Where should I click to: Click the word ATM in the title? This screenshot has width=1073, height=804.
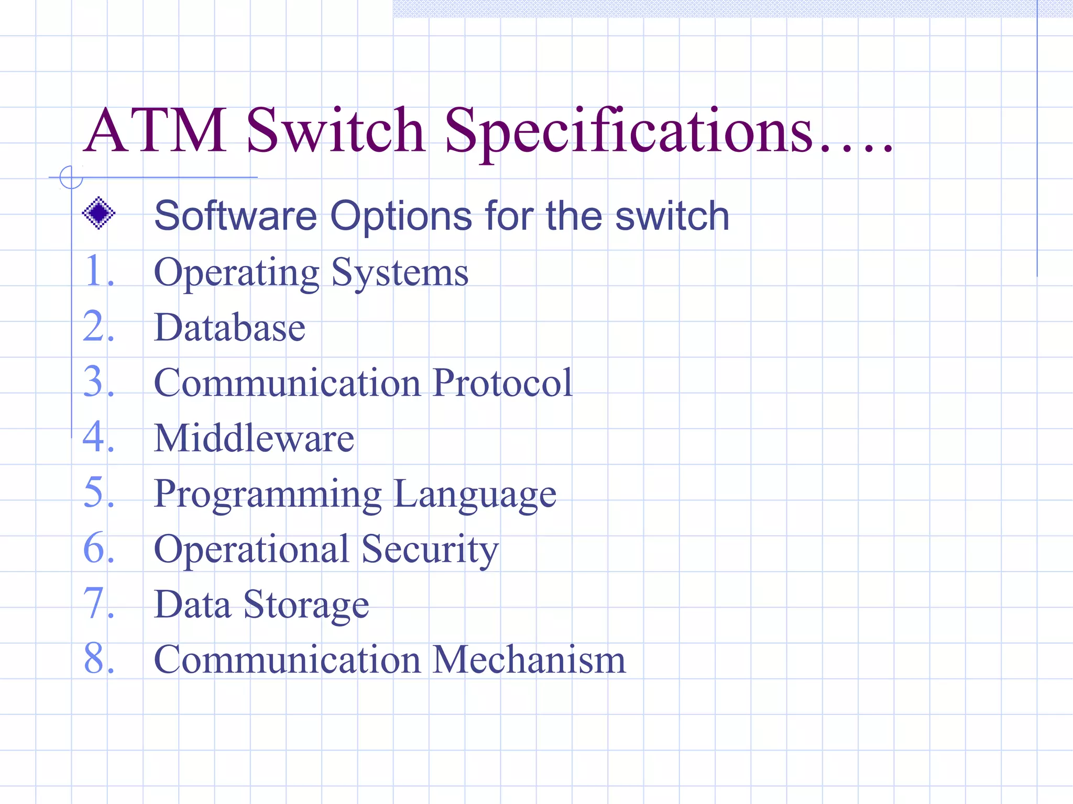click(x=156, y=131)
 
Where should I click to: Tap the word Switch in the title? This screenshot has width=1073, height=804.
click(x=335, y=131)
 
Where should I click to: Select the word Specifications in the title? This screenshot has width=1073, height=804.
click(x=629, y=131)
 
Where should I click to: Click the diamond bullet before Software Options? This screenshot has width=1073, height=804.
click(x=98, y=213)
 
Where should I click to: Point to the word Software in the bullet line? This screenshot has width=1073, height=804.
click(x=236, y=216)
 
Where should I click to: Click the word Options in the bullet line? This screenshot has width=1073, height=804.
click(x=401, y=216)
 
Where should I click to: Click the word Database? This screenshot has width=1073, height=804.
click(x=229, y=328)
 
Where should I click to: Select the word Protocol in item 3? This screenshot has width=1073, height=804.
click(x=503, y=383)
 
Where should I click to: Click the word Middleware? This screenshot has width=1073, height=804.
click(x=254, y=438)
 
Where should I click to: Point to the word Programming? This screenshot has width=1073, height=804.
click(x=268, y=495)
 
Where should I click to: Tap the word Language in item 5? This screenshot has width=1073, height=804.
click(x=475, y=495)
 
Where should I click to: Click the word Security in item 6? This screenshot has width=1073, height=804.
click(x=430, y=550)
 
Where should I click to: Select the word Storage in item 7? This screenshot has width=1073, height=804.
click(x=306, y=606)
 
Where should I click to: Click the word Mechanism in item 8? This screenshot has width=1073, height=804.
click(x=529, y=660)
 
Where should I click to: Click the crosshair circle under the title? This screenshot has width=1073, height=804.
click(x=71, y=177)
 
